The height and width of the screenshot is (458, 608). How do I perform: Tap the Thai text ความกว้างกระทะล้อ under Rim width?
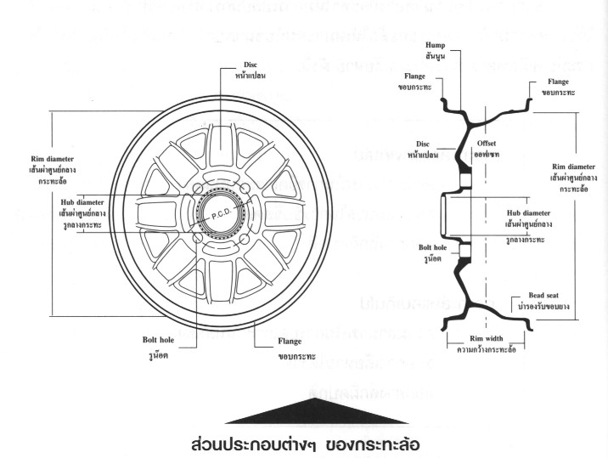pos(488,348)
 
